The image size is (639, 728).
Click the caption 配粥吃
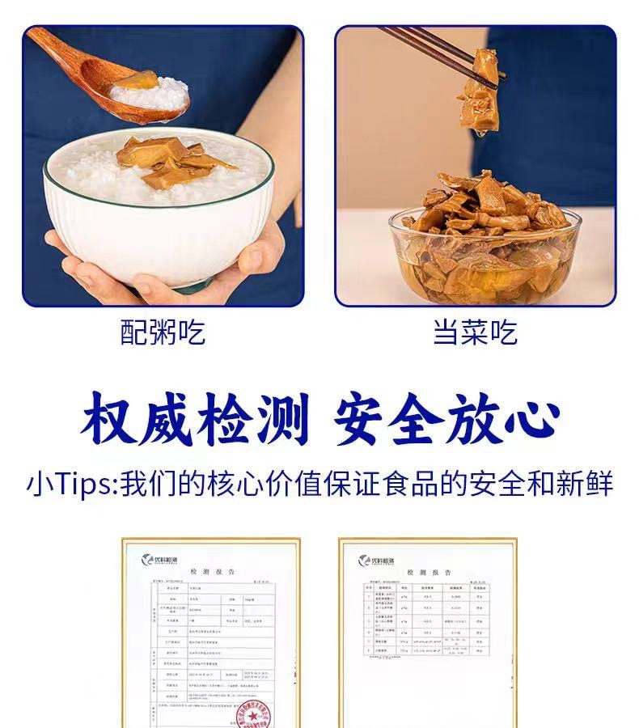coord(163,332)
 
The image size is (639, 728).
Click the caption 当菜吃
coord(476,332)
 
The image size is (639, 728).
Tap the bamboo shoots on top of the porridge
coord(174,158)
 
